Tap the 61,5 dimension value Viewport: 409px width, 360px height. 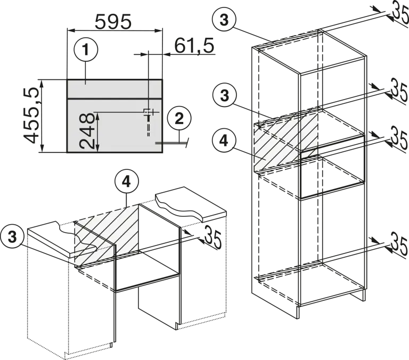tap(194, 46)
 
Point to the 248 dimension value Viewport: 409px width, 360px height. tap(86, 130)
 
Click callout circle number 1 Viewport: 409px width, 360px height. tap(86, 50)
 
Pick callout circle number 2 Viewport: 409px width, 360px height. tap(179, 119)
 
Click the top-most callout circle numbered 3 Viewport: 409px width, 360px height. tap(224, 20)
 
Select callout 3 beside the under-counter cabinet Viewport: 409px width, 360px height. tap(12, 237)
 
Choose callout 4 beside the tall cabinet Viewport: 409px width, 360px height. tap(224, 141)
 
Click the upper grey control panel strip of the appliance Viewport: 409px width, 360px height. tap(115, 89)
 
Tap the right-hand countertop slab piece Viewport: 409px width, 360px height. tap(191, 203)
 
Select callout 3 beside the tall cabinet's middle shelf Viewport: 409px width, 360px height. tap(224, 95)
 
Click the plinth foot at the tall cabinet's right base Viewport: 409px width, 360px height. tap(358, 296)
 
